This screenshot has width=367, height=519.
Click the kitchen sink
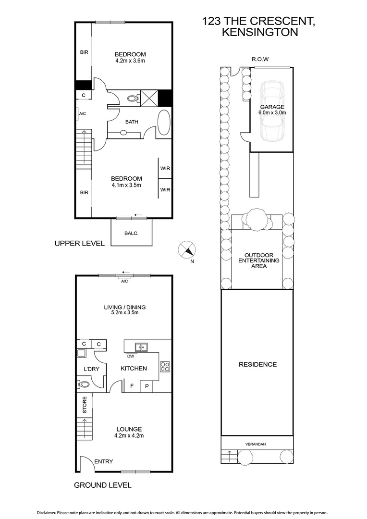tap(141, 346)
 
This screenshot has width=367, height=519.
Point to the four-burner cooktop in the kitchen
tap(165, 366)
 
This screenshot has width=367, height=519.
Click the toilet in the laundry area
tap(83, 384)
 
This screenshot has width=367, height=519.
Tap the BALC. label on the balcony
tap(131, 234)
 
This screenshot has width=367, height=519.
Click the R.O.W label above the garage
tap(260, 59)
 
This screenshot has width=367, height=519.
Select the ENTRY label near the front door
tap(103, 461)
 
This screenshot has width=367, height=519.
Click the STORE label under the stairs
tap(85, 405)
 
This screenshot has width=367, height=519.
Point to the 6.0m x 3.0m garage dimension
tap(272, 113)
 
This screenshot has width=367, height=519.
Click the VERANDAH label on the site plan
tap(257, 445)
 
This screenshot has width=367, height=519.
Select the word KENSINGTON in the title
tap(259, 33)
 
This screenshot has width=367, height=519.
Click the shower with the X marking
tap(148, 98)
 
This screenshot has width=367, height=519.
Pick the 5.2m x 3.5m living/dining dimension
tap(124, 313)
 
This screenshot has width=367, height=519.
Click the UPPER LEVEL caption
tap(79, 244)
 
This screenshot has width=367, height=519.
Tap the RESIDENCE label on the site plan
tap(257, 364)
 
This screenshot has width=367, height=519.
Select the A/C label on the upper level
tap(82, 113)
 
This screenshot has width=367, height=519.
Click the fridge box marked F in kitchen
tap(132, 385)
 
